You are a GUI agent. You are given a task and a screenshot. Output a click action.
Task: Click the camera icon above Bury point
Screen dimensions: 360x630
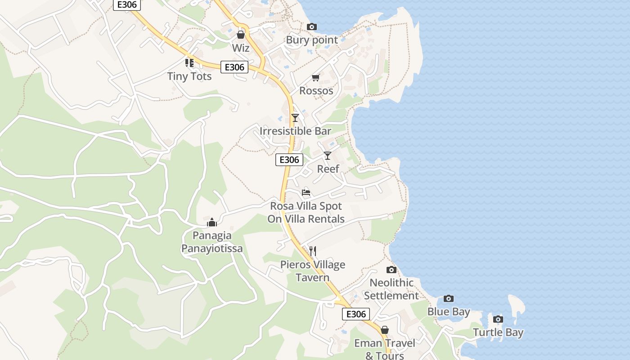click(x=312, y=27)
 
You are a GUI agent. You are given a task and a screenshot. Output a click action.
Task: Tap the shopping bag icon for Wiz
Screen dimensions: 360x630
click(x=241, y=35)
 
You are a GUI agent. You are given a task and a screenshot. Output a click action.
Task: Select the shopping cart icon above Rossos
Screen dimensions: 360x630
click(x=316, y=78)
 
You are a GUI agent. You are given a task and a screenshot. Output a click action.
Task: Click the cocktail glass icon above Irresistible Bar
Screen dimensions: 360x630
click(x=295, y=118)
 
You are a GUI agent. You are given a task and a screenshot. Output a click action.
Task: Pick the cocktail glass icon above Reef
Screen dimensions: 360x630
click(x=328, y=156)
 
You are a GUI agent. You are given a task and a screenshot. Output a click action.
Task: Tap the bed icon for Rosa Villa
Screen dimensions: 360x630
click(x=306, y=193)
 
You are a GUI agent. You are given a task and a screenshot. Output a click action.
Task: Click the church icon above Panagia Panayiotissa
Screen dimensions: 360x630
click(x=212, y=222)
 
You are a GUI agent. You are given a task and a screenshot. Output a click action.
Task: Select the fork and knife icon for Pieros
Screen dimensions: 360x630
click(x=313, y=251)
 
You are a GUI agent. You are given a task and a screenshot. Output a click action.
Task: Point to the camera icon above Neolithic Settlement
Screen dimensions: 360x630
click(x=391, y=270)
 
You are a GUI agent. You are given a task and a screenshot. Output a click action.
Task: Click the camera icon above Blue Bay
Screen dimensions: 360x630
click(x=449, y=298)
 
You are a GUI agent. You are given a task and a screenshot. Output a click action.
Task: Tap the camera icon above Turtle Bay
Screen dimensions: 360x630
click(x=498, y=319)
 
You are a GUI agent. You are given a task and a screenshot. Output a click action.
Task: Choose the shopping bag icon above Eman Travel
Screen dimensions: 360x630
click(x=385, y=330)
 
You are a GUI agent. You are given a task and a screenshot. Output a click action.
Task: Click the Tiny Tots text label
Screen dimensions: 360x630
click(x=189, y=76)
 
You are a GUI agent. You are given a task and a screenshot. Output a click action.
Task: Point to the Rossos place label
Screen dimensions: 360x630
click(x=316, y=91)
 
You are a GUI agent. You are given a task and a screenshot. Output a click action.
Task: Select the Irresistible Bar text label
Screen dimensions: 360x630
click(x=295, y=131)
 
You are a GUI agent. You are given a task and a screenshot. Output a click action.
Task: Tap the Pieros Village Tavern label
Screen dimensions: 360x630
click(x=313, y=271)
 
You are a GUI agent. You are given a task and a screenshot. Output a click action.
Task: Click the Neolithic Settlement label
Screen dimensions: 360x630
click(x=391, y=289)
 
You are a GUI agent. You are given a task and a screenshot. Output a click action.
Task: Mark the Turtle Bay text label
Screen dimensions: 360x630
click(x=498, y=333)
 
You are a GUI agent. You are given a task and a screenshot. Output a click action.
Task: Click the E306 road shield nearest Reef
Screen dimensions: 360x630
click(x=289, y=160)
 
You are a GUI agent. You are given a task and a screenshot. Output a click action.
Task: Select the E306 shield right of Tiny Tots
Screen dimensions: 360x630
click(x=235, y=67)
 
